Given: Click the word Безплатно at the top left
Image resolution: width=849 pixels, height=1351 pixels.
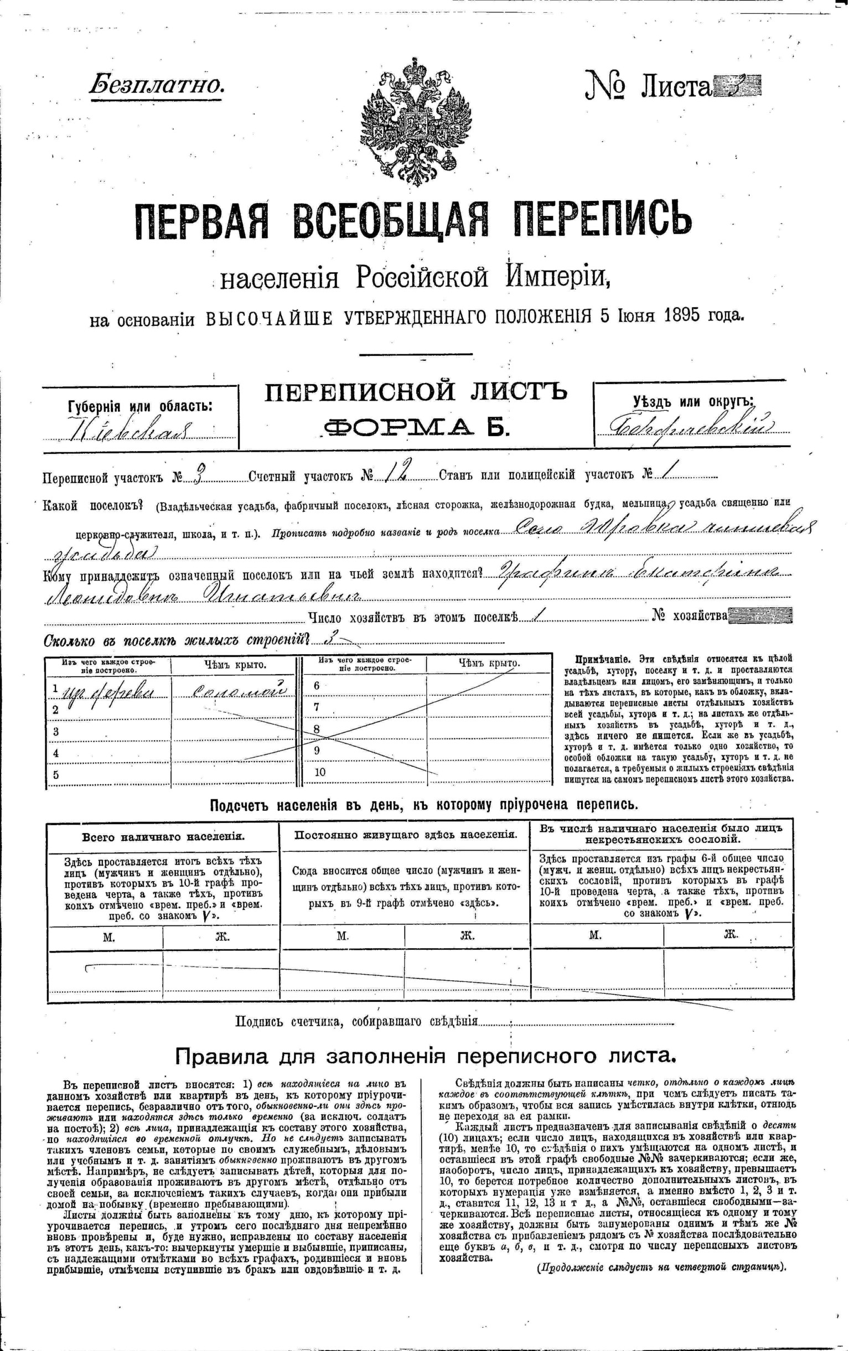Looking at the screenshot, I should click(157, 84).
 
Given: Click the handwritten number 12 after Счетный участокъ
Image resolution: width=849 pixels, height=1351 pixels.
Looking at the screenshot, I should click(396, 474).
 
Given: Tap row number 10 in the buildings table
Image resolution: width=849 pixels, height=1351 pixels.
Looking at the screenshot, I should click(320, 772).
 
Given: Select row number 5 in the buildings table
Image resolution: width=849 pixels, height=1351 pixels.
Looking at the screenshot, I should click(55, 775).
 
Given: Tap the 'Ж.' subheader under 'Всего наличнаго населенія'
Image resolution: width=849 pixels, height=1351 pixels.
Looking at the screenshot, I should click(223, 935).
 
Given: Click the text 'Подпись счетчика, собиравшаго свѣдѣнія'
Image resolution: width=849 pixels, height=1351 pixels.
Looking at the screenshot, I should click(356, 1021).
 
